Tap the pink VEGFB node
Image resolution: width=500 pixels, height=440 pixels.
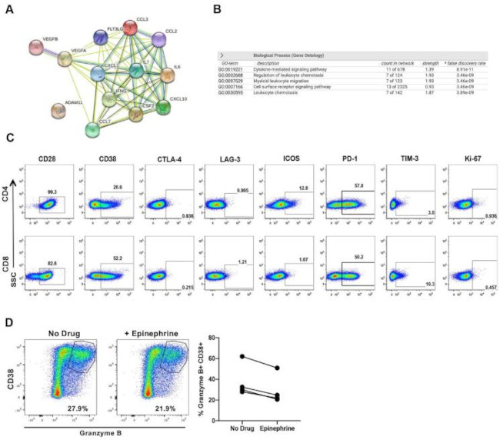[x=36, y=48]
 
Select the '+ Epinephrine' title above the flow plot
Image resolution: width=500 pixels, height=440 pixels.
[x=151, y=333]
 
